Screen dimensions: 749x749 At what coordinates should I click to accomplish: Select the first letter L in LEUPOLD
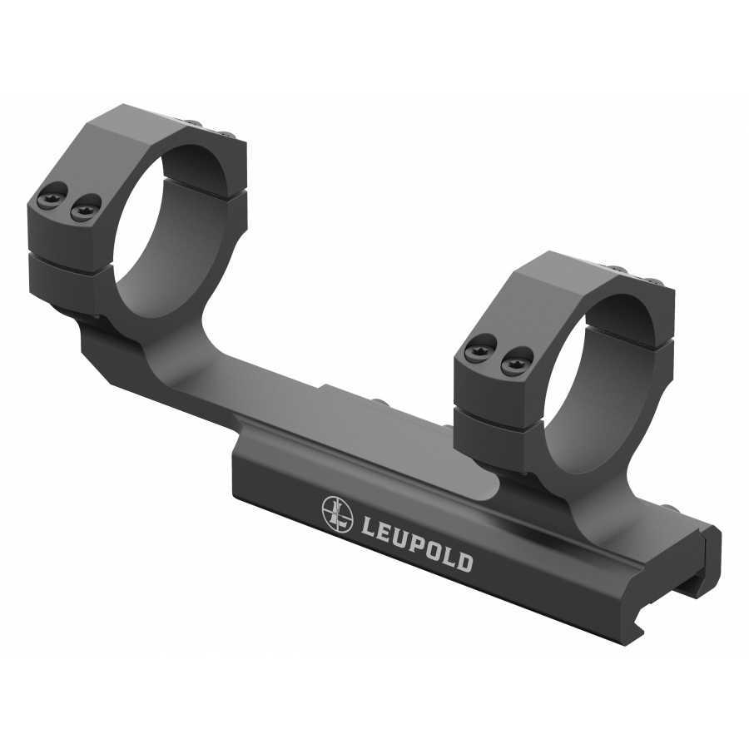click(367, 527)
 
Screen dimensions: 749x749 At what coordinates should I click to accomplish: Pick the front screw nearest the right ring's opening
click(510, 360)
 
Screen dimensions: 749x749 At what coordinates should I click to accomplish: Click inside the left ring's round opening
click(175, 229)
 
